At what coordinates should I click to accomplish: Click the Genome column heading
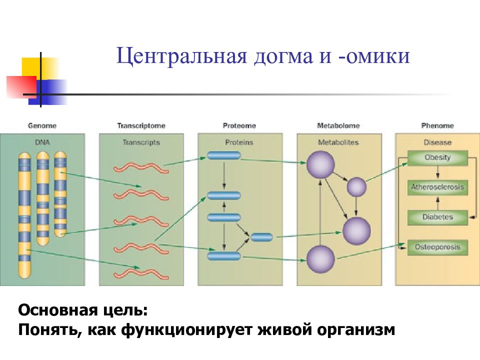(x=42, y=125)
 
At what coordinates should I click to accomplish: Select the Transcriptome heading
(x=141, y=126)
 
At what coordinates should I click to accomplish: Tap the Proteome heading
(x=239, y=125)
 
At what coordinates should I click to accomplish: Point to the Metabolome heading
(x=338, y=125)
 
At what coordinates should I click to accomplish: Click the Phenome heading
(x=437, y=125)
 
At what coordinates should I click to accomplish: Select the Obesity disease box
(x=437, y=157)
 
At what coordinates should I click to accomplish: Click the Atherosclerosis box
(x=437, y=187)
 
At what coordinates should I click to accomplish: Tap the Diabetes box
(x=437, y=217)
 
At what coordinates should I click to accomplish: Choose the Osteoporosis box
(x=437, y=247)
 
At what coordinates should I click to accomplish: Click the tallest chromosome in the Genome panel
(x=24, y=215)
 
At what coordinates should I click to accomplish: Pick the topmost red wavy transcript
(x=141, y=168)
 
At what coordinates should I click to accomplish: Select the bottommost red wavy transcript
(x=141, y=274)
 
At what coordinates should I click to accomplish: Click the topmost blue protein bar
(x=224, y=155)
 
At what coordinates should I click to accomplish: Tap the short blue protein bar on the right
(x=261, y=237)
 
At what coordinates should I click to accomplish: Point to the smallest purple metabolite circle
(x=356, y=187)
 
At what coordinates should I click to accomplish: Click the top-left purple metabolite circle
(x=320, y=164)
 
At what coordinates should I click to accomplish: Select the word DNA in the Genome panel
(x=42, y=142)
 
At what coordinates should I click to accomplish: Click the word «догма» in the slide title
(x=283, y=56)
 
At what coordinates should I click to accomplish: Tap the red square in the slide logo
(x=21, y=87)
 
